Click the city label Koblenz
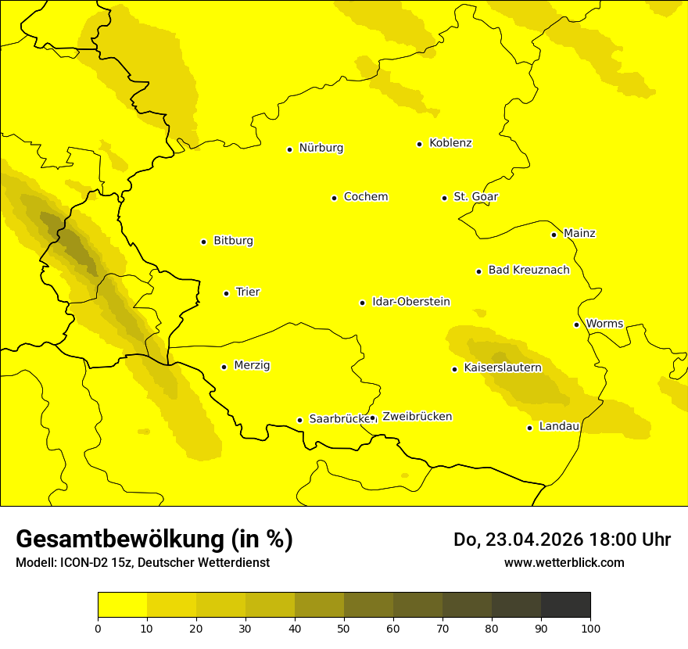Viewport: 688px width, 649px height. pos(451,143)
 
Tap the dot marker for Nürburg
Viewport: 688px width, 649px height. pos(289,149)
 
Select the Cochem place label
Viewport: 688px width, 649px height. pos(366,197)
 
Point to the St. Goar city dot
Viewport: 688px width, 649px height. pos(444,198)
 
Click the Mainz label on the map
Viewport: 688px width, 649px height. pos(579,234)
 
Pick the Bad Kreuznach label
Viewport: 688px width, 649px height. pos(529,271)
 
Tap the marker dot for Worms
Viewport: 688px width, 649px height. pos(576,324)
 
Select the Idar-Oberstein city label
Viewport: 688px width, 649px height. pos(411,302)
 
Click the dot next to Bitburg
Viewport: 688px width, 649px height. pos(203,242)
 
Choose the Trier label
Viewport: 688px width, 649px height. pos(248,292)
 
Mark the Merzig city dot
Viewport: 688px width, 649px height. pos(224,367)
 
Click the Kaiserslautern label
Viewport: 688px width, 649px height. pos(503,368)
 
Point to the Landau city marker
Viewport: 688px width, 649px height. pos(529,428)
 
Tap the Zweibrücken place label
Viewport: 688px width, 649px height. pos(417,417)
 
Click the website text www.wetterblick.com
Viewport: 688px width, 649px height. pos(564,562)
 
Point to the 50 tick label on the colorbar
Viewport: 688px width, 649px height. pos(344,628)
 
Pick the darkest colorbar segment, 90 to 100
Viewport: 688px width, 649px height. pos(565,604)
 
